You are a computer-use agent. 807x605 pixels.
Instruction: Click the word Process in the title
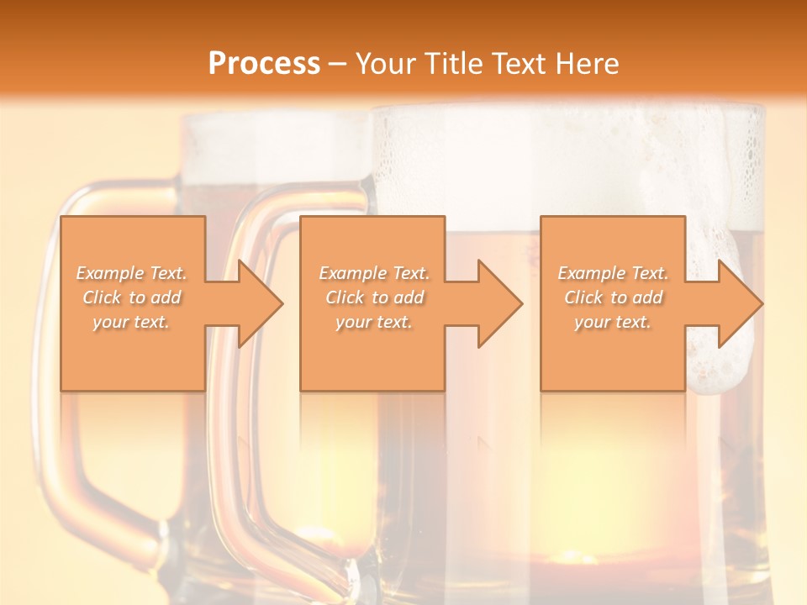click(x=264, y=64)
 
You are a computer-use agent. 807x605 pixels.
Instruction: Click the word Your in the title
click(x=386, y=64)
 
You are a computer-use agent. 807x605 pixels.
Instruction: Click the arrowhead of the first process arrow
click(x=261, y=304)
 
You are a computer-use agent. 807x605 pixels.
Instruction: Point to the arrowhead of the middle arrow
click(x=499, y=304)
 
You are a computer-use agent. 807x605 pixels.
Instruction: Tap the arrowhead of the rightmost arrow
click(x=740, y=304)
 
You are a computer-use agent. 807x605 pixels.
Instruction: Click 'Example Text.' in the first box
click(x=132, y=273)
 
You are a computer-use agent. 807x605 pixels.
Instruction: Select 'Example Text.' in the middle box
click(x=374, y=273)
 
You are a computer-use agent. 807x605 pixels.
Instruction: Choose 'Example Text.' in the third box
click(x=613, y=273)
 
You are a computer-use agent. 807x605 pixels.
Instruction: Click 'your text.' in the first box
click(x=132, y=322)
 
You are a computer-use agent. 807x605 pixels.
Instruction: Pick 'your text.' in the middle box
click(x=374, y=322)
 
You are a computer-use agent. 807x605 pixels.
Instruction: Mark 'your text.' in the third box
click(x=613, y=322)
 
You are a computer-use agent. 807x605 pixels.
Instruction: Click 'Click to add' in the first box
click(x=132, y=297)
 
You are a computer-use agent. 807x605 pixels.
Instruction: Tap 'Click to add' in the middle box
click(x=374, y=297)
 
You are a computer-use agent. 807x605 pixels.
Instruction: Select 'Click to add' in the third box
click(x=613, y=297)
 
